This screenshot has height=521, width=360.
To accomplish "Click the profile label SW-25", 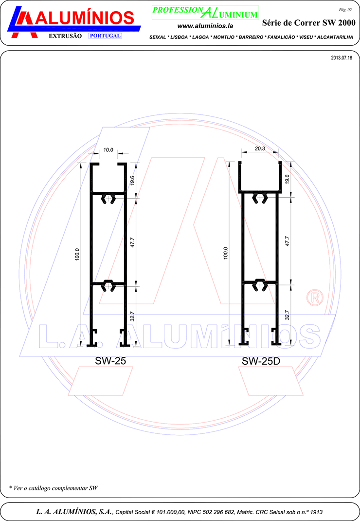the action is [x=110, y=361].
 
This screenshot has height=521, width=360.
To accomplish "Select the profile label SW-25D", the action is [x=261, y=361].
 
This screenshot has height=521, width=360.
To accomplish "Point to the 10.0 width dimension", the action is [x=108, y=150].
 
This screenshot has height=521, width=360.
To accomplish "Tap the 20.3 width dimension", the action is [x=260, y=149].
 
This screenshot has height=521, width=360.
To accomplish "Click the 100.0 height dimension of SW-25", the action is [x=77, y=254].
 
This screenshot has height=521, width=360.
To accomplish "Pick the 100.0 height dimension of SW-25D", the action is [x=226, y=253].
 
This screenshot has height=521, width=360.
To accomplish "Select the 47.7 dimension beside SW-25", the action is [x=132, y=242].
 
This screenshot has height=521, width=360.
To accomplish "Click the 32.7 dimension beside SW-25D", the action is [x=287, y=315].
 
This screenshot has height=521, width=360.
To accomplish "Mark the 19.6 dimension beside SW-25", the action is [x=132, y=181].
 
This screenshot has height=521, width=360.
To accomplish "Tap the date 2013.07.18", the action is [x=342, y=58].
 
